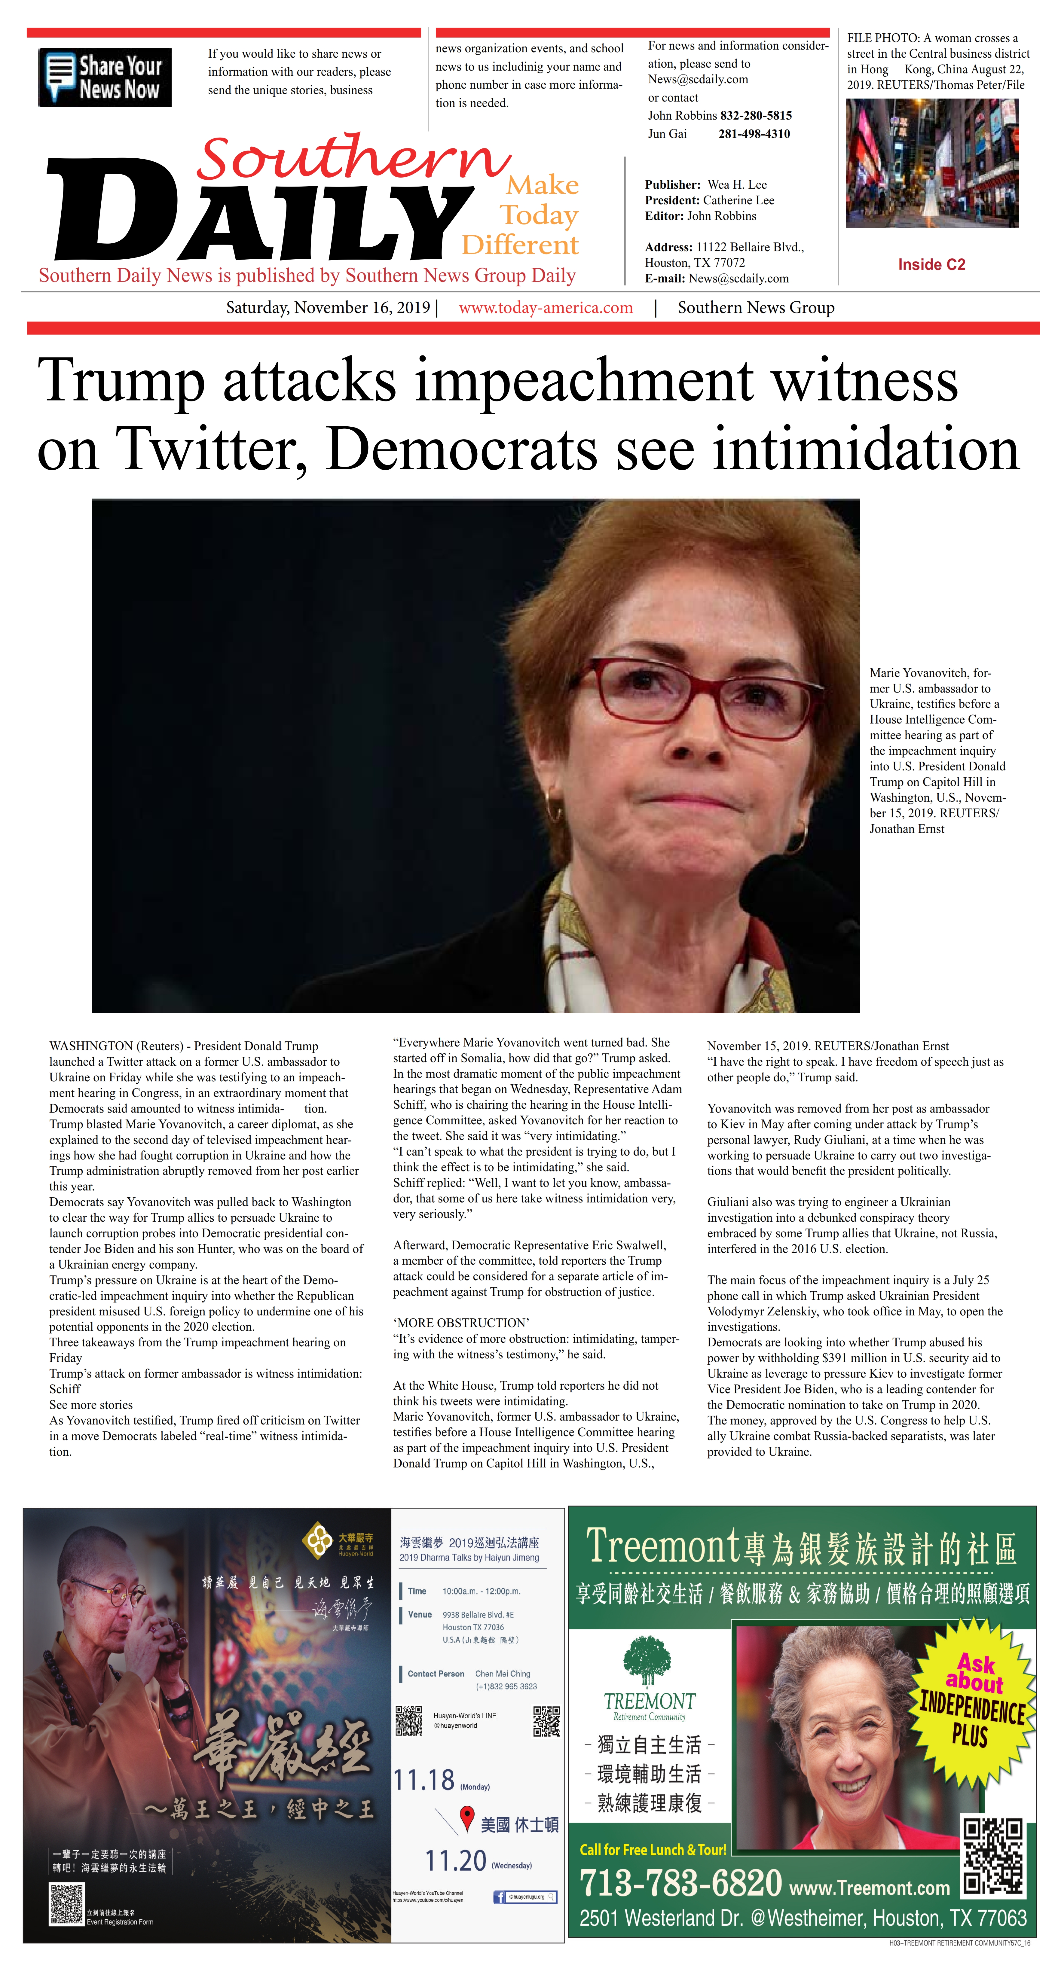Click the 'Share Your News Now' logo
coord(105,77)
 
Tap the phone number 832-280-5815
coord(755,115)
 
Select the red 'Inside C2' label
coord(931,264)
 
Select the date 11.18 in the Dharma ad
coord(424,1780)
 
